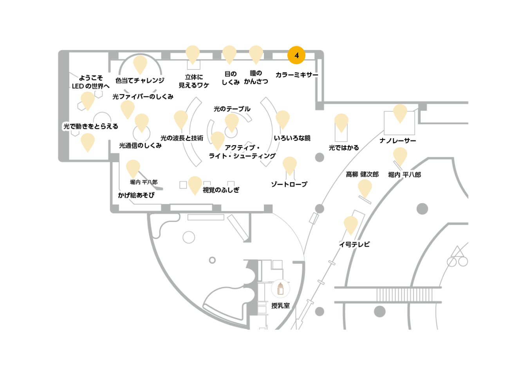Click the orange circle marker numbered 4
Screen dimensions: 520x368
pyautogui.click(x=296, y=55)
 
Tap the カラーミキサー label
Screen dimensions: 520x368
pyautogui.click(x=297, y=75)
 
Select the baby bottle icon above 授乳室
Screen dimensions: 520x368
pyautogui.click(x=280, y=289)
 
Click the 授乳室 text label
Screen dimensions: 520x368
pyautogui.click(x=280, y=305)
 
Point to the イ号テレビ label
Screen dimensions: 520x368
pyautogui.click(x=354, y=244)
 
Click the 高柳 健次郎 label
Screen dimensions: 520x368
pyautogui.click(x=362, y=174)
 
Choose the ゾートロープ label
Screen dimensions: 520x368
pyautogui.click(x=289, y=184)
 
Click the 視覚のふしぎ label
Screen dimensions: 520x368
pyautogui.click(x=221, y=190)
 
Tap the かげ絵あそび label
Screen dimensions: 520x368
pyautogui.click(x=136, y=195)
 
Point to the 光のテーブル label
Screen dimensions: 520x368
pyautogui.click(x=232, y=109)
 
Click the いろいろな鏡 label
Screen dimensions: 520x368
pyautogui.click(x=292, y=138)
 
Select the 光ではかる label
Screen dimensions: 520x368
pyautogui.click(x=344, y=148)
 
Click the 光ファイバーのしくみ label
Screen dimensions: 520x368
pyautogui.click(x=143, y=97)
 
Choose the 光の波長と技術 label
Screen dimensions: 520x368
pyautogui.click(x=182, y=138)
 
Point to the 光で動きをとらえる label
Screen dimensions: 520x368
pyautogui.click(x=91, y=126)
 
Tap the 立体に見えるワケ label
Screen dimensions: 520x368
pyautogui.click(x=194, y=81)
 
